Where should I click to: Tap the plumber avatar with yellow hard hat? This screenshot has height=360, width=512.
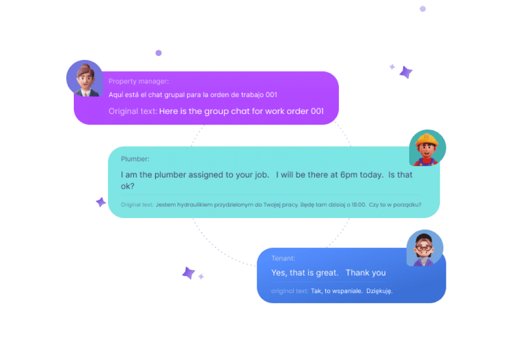pyautogui.click(x=427, y=147)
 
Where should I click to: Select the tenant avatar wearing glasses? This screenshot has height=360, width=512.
pyautogui.click(x=424, y=248)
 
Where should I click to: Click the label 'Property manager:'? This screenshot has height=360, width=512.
pyautogui.click(x=138, y=81)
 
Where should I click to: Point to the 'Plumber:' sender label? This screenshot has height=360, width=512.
pyautogui.click(x=135, y=159)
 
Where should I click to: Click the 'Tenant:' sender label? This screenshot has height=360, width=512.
pyautogui.click(x=283, y=258)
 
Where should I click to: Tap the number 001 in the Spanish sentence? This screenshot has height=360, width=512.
pyautogui.click(x=270, y=95)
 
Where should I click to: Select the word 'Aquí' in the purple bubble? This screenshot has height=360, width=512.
pyautogui.click(x=115, y=95)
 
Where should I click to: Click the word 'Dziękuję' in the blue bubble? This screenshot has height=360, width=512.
pyautogui.click(x=379, y=291)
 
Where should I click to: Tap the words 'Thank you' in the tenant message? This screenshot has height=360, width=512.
pyautogui.click(x=365, y=273)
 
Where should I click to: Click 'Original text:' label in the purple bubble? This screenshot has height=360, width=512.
pyautogui.click(x=133, y=111)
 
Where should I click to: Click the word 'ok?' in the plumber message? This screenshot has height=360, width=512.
pyautogui.click(x=127, y=186)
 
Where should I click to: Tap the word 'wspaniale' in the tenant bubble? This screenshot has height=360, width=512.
pyautogui.click(x=348, y=291)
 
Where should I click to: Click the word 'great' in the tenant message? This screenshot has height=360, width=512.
pyautogui.click(x=326, y=273)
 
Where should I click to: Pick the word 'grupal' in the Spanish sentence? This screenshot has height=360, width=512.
pyautogui.click(x=170, y=95)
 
